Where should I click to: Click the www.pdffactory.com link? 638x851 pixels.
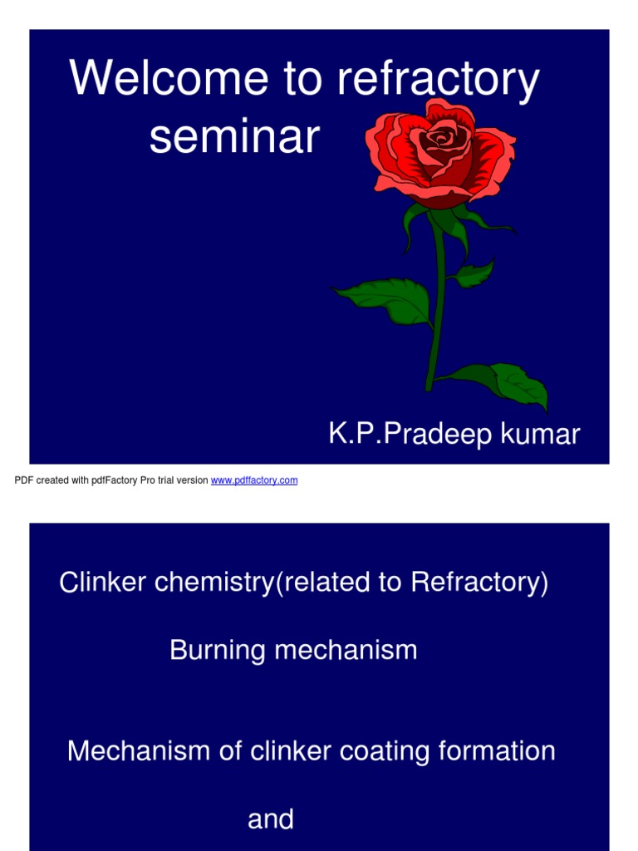[x=254, y=480]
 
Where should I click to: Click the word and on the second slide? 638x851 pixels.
[x=271, y=819]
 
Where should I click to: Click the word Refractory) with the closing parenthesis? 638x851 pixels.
[x=479, y=583]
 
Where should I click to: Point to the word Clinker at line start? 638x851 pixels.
[x=96, y=583]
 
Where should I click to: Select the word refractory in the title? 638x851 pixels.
[x=439, y=79]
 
